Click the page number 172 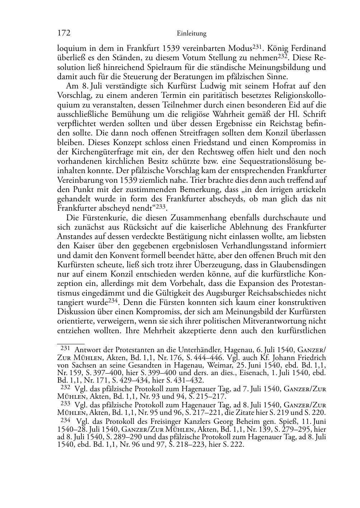tap(63, 33)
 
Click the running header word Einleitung tap(192, 34)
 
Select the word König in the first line tap(279, 48)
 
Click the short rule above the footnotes tap(71, 344)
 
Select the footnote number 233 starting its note tap(65, 403)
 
